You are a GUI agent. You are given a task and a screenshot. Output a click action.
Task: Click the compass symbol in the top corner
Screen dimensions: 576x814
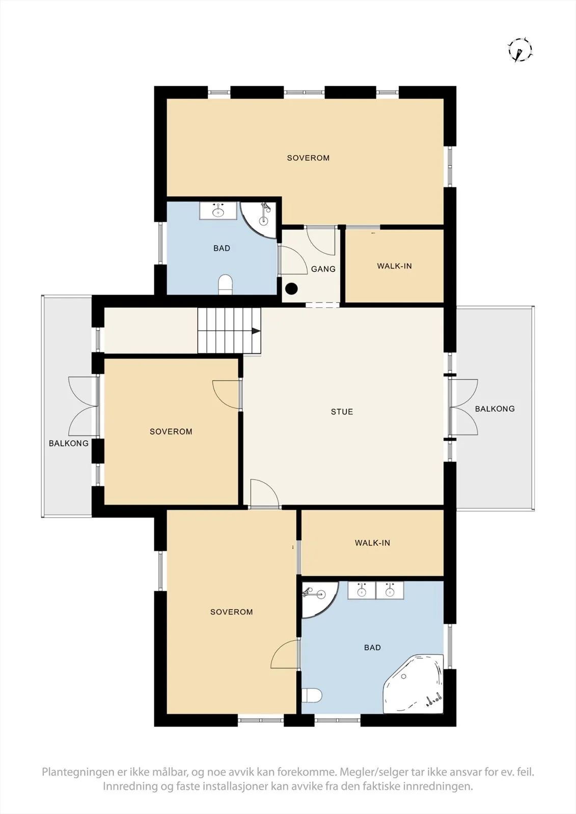520,50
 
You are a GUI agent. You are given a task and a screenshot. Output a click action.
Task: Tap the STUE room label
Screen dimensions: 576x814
342,412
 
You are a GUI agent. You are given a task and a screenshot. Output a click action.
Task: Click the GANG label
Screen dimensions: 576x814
323,269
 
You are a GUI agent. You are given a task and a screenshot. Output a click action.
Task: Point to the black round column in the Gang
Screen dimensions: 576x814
291,288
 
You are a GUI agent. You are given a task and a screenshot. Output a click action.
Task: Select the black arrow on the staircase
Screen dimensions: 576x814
256,331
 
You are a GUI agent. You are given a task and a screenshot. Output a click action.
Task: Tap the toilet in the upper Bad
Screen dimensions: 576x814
226,284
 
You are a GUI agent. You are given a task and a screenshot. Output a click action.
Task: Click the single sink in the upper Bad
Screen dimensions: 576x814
218,211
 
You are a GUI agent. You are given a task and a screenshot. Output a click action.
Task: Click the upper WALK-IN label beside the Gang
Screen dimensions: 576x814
394,266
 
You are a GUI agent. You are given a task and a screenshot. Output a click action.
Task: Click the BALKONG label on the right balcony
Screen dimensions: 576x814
495,409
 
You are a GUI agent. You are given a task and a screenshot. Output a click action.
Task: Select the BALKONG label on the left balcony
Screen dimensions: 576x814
69,443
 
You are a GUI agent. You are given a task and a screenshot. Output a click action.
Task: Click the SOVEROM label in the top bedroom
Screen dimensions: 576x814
308,158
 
